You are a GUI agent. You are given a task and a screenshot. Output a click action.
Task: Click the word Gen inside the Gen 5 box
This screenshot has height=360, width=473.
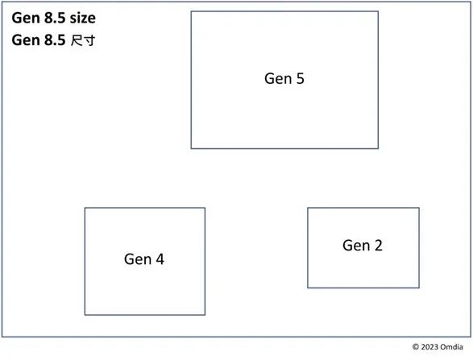pyautogui.click(x=278, y=79)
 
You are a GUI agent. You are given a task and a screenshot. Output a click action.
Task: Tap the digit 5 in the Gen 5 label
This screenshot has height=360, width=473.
pyautogui.click(x=300, y=79)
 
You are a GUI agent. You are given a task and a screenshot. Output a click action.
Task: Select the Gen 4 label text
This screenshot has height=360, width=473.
pyautogui.click(x=144, y=259)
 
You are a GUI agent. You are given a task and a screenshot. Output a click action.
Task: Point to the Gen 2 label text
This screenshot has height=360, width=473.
pyautogui.click(x=363, y=246)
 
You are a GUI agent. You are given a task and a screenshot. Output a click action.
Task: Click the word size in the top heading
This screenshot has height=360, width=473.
pyautogui.click(x=83, y=18)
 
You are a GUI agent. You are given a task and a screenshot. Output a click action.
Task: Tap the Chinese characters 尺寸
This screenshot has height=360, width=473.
pyautogui.click(x=83, y=40)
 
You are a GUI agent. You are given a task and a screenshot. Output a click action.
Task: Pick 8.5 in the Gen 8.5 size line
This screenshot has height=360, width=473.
pyautogui.click(x=55, y=18)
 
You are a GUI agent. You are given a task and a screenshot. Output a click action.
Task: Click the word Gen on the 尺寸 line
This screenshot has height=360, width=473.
pyautogui.click(x=26, y=40)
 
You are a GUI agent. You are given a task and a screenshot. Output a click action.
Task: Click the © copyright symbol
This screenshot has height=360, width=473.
pyautogui.click(x=416, y=347)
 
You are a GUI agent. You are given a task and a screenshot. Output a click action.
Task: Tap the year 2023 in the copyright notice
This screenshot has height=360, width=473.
pyautogui.click(x=429, y=347)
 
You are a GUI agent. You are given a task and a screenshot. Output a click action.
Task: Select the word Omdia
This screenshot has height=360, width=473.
pyautogui.click(x=451, y=347)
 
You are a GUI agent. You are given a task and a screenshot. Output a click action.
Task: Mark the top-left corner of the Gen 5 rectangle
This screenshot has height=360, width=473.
pyautogui.click(x=191, y=11)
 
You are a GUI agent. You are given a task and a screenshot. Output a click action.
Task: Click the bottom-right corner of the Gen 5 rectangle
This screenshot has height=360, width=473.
pyautogui.click(x=378, y=148)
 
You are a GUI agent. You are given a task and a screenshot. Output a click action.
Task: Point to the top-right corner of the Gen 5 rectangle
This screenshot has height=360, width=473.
pyautogui.click(x=378, y=11)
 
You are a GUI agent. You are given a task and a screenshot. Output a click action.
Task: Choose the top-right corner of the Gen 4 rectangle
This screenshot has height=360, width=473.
pyautogui.click(x=205, y=208)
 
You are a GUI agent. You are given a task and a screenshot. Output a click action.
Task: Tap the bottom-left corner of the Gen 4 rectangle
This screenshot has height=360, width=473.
pyautogui.click(x=85, y=315)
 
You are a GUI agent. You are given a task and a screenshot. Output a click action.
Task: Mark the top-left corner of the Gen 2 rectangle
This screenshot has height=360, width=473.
pyautogui.click(x=308, y=208)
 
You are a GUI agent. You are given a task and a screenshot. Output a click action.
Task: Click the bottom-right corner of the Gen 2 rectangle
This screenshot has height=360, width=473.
pyautogui.click(x=419, y=288)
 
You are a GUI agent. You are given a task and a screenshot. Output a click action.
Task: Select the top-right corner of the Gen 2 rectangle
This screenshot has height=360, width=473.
pyautogui.click(x=419, y=208)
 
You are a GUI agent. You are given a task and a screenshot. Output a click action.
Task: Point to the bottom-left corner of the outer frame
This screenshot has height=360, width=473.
pyautogui.click(x=2, y=337)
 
